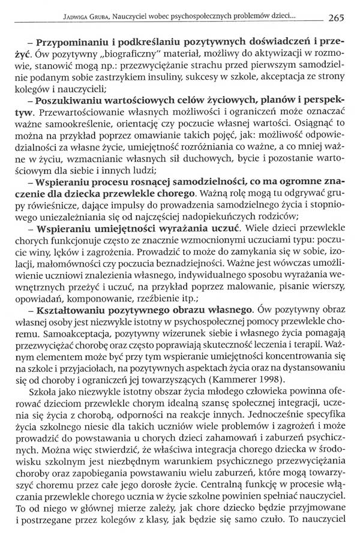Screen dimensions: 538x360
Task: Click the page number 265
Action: tap(335, 17)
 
